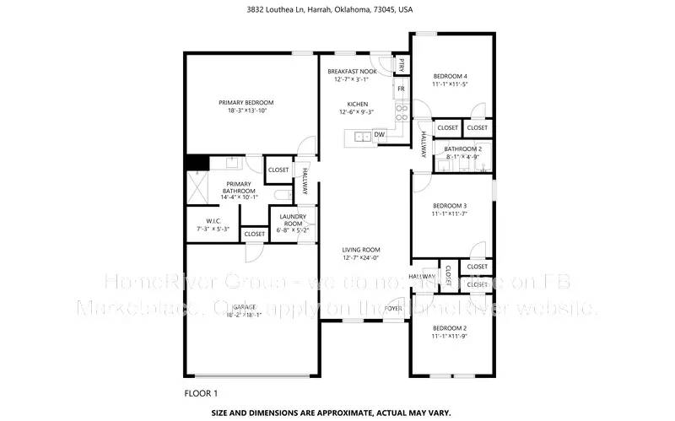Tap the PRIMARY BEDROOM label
(x=247, y=102)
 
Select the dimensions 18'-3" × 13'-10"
(x=247, y=111)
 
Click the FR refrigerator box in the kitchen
(x=402, y=89)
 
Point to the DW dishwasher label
(x=380, y=134)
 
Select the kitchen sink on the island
(x=360, y=135)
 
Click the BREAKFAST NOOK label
(x=352, y=72)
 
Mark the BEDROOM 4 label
(x=450, y=76)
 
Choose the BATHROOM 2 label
(x=456, y=148)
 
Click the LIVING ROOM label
(x=361, y=250)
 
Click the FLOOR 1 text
(x=201, y=393)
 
